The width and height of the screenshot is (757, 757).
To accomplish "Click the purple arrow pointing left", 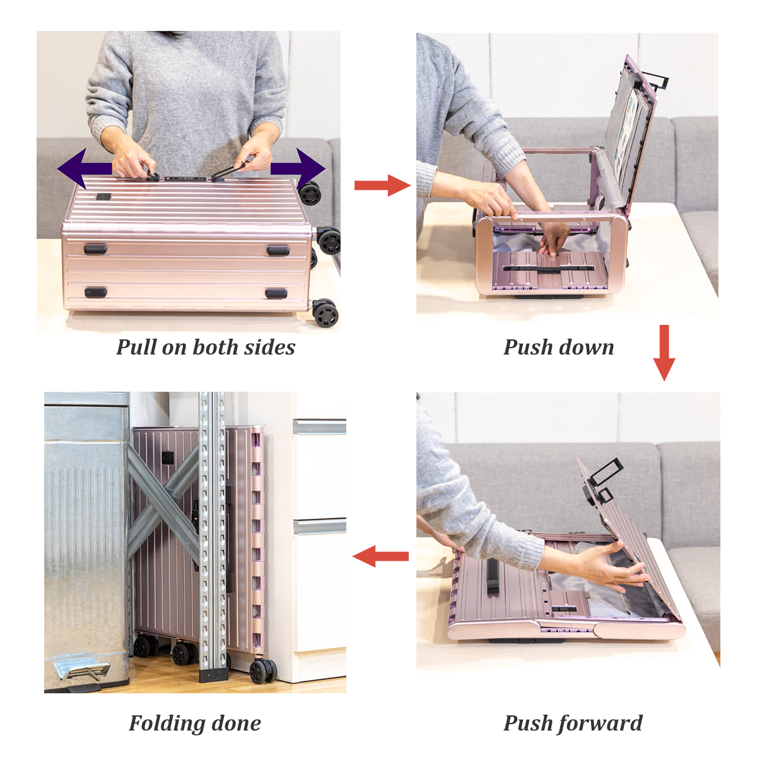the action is pyautogui.click(x=85, y=169).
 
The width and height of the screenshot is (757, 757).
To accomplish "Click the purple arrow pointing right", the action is pyautogui.click(x=298, y=169).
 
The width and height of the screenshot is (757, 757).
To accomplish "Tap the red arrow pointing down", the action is pyautogui.click(x=664, y=353).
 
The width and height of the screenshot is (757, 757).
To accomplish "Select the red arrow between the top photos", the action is pyautogui.click(x=382, y=185).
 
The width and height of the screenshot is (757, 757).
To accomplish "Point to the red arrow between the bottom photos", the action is pyautogui.click(x=380, y=556).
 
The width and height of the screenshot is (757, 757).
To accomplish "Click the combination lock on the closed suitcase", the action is pyautogui.click(x=185, y=179).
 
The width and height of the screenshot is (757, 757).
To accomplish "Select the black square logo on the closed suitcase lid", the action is pyautogui.click(x=104, y=197).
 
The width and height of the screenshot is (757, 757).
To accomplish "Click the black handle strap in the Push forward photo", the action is pyautogui.click(x=493, y=576).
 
